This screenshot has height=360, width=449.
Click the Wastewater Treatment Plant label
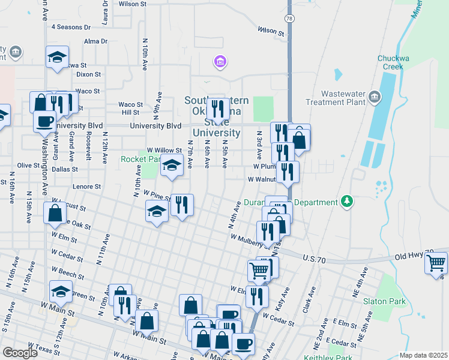(x=343, y=98)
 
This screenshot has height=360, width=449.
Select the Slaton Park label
(x=384, y=302)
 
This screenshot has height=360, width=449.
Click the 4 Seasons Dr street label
(x=71, y=27)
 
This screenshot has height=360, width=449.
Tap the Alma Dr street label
(x=96, y=41)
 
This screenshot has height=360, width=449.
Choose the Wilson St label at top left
(x=133, y=4)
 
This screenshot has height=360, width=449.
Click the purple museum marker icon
(x=220, y=61)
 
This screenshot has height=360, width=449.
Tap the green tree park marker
(x=346, y=201)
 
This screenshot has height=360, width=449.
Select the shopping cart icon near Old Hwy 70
(x=436, y=263)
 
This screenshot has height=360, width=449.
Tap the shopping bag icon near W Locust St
(x=55, y=212)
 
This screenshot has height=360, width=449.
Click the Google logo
(x=20, y=353)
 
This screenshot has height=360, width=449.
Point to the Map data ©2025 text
(x=423, y=355)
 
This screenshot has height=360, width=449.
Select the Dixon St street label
(x=89, y=74)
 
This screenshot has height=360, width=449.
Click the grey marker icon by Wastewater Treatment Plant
(x=375, y=97)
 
